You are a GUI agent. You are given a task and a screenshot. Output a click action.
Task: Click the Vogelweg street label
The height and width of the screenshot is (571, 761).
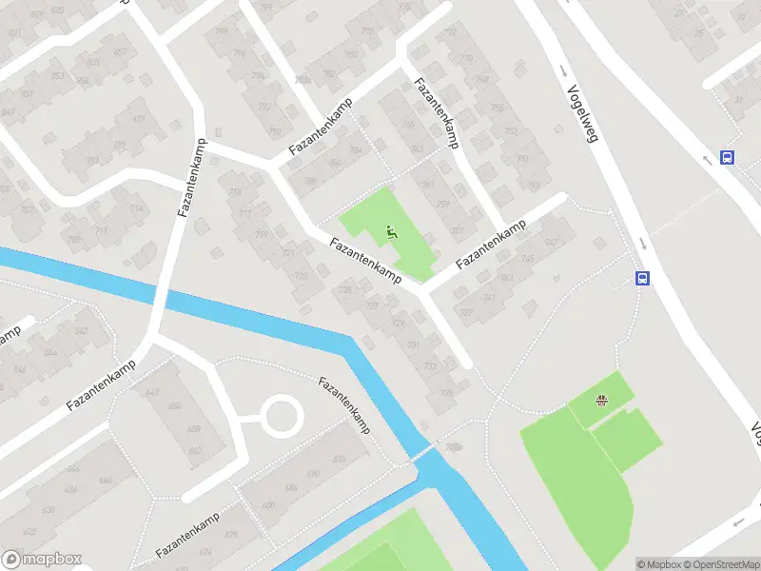[581, 114]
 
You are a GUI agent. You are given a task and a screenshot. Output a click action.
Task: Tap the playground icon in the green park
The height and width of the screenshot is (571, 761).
[391, 231]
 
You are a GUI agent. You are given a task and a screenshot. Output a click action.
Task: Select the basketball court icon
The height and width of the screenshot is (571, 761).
[601, 401]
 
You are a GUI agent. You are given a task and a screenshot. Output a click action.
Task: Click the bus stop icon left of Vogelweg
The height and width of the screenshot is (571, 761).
[643, 279]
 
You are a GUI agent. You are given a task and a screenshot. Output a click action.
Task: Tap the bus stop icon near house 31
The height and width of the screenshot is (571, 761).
[727, 158]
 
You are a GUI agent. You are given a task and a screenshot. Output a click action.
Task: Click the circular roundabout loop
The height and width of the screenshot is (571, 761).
[283, 416]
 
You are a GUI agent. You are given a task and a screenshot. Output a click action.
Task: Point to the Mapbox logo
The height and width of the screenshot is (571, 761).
[42, 560]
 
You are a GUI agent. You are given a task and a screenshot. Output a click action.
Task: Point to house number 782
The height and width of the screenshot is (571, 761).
[330, 73]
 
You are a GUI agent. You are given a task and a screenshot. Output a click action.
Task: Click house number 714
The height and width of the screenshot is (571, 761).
[136, 207]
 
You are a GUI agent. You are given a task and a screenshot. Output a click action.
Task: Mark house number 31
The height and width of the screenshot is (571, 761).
[738, 99]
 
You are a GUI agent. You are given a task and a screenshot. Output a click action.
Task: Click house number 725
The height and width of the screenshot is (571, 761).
[344, 290]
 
